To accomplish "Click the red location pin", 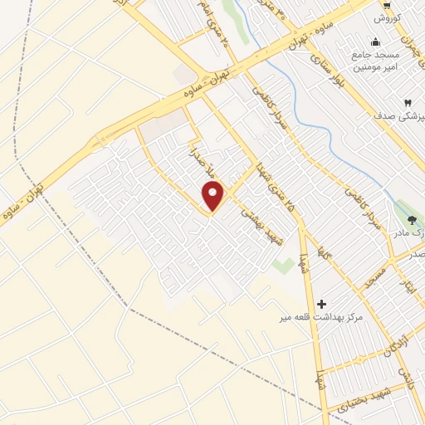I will pyautogui.click(x=213, y=196).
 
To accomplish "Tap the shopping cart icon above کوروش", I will pyautogui.click(x=387, y=4).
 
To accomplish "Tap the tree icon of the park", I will pyautogui.click(x=413, y=219).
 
